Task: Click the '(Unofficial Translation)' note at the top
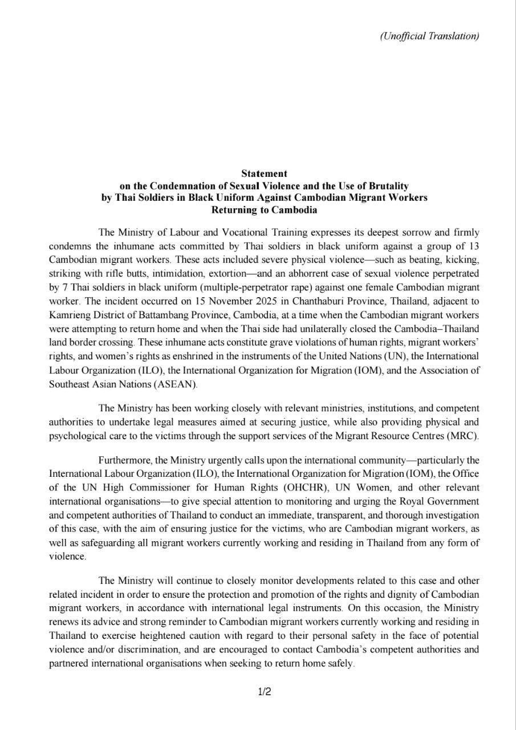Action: [429, 36]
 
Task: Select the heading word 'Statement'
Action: [264, 173]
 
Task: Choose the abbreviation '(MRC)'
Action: [465, 436]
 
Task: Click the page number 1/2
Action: [264, 692]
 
